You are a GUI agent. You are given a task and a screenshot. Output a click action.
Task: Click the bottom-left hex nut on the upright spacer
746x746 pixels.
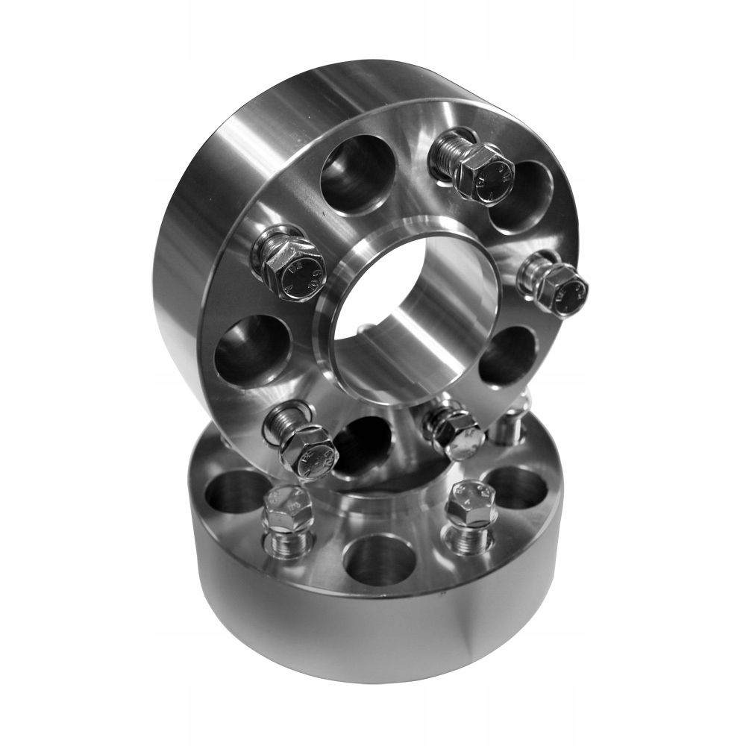coord(308,451)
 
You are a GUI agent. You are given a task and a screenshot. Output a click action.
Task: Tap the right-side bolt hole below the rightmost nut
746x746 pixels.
coord(507,357)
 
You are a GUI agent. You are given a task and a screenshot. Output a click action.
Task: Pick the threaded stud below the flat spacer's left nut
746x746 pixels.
coord(289,542)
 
